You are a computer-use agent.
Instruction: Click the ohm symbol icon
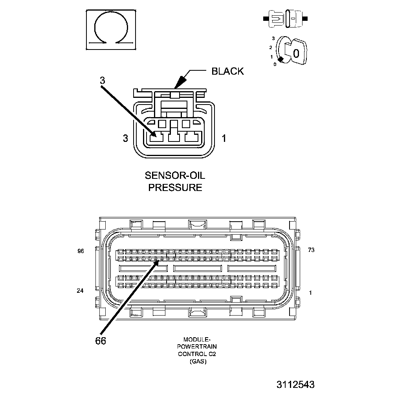[x=111, y=30]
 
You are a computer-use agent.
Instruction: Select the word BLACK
[x=227, y=71]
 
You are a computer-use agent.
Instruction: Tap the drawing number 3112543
[x=295, y=384]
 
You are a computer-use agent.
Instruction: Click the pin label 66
[x=101, y=341]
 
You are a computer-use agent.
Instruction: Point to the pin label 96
[x=81, y=251]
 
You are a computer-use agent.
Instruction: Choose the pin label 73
[x=311, y=250]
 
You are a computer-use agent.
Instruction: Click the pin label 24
[x=80, y=291]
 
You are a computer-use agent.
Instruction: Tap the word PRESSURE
[x=175, y=187]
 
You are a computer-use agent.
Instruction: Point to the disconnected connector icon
[x=285, y=18]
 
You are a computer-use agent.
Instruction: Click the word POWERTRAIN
[x=197, y=347]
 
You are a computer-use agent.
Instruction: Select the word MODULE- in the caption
[x=197, y=339]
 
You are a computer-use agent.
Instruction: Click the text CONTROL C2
[x=197, y=354]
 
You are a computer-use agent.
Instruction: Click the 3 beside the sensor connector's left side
[x=125, y=138]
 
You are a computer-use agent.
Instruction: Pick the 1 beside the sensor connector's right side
[x=224, y=138]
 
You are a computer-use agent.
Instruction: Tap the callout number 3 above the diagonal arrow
[x=102, y=81]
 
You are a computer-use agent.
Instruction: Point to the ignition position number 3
[x=273, y=39]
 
